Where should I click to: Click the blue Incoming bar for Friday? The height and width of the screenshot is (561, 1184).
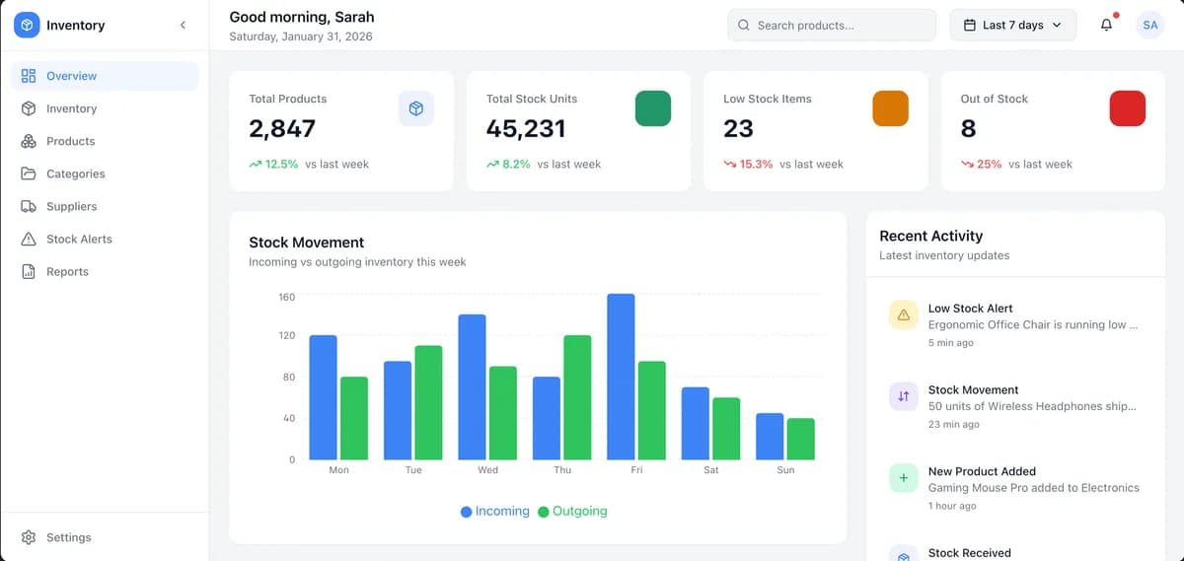pos(621,377)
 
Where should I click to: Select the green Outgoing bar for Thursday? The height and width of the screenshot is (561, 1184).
pos(577,397)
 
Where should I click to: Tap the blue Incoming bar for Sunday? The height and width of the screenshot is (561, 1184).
pos(770,437)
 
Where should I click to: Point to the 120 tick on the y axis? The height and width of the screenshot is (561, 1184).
pos(287,335)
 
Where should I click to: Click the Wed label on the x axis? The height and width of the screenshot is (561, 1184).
pos(487,469)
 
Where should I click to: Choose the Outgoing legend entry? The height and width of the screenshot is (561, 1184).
pos(572,511)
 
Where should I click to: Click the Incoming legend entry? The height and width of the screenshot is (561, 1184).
pos(494,511)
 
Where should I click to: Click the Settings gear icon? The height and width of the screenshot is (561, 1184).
pos(29,537)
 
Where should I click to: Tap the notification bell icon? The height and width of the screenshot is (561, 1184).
pos(1106,25)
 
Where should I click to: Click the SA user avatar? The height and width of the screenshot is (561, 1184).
pos(1150,25)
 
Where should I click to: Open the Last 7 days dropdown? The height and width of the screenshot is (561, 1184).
pos(1012,25)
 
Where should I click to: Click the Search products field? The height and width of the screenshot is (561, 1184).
pos(832,25)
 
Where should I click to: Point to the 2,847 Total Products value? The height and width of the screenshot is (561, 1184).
pos(282,128)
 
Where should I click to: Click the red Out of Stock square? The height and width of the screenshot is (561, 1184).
pos(1128,108)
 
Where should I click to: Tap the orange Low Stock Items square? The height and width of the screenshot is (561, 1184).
pos(890,108)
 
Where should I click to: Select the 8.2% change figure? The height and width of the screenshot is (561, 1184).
pos(516,165)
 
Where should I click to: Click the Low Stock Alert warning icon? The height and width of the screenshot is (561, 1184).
pos(904,315)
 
